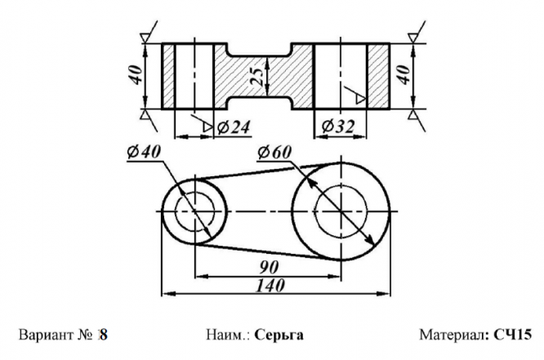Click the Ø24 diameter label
pos(233,127)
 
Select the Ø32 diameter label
pos(338,127)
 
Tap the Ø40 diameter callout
pos(144,152)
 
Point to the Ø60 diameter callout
pos(274,152)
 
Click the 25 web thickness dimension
pos(257,76)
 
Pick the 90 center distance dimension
pos(269,267)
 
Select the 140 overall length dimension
pos(270,286)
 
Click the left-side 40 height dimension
pos(136,75)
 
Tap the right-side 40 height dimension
pos(404,75)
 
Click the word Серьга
pos(279,335)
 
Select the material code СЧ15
pos(512,335)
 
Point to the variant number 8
pos(104,335)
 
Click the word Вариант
pos(46,335)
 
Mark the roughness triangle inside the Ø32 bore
pos(360,99)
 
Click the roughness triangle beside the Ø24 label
pos(207,127)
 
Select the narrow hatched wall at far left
pos(168,76)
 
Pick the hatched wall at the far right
pos(378,76)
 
